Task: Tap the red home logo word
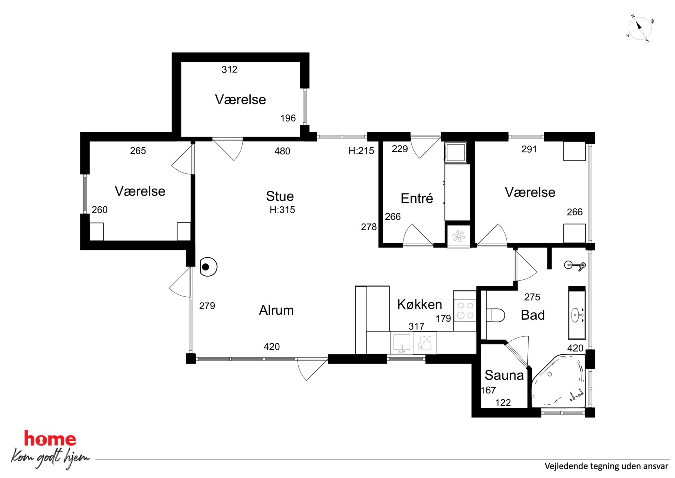click(x=50, y=438)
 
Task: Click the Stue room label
click(x=280, y=196)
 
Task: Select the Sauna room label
click(x=504, y=375)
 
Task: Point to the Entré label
click(x=417, y=198)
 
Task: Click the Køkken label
click(x=419, y=304)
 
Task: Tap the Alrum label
click(x=276, y=310)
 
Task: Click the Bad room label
click(x=533, y=315)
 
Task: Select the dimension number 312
click(x=229, y=70)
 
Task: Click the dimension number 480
click(x=282, y=151)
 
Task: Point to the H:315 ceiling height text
click(x=282, y=210)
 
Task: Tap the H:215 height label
click(x=361, y=151)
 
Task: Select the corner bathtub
click(x=559, y=381)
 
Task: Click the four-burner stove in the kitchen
click(x=465, y=310)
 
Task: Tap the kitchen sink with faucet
click(x=401, y=343)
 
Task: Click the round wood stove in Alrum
click(x=208, y=267)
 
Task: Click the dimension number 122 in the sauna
click(x=503, y=403)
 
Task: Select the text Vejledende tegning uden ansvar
click(x=606, y=466)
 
